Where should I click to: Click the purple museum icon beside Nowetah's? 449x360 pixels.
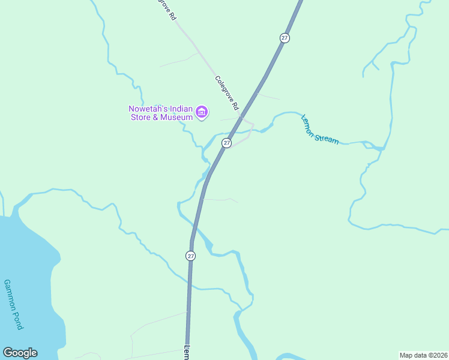(x=202, y=112)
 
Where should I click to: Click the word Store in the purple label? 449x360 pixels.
(x=141, y=117)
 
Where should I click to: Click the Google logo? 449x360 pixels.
(x=20, y=353)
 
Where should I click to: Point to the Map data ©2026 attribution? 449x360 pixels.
(x=423, y=355)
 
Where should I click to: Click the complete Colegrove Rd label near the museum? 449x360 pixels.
(x=227, y=92)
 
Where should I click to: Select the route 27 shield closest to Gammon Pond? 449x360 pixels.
(x=190, y=256)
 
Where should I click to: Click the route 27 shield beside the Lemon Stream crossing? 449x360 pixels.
(x=226, y=143)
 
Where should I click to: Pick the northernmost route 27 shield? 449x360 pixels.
(x=285, y=38)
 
